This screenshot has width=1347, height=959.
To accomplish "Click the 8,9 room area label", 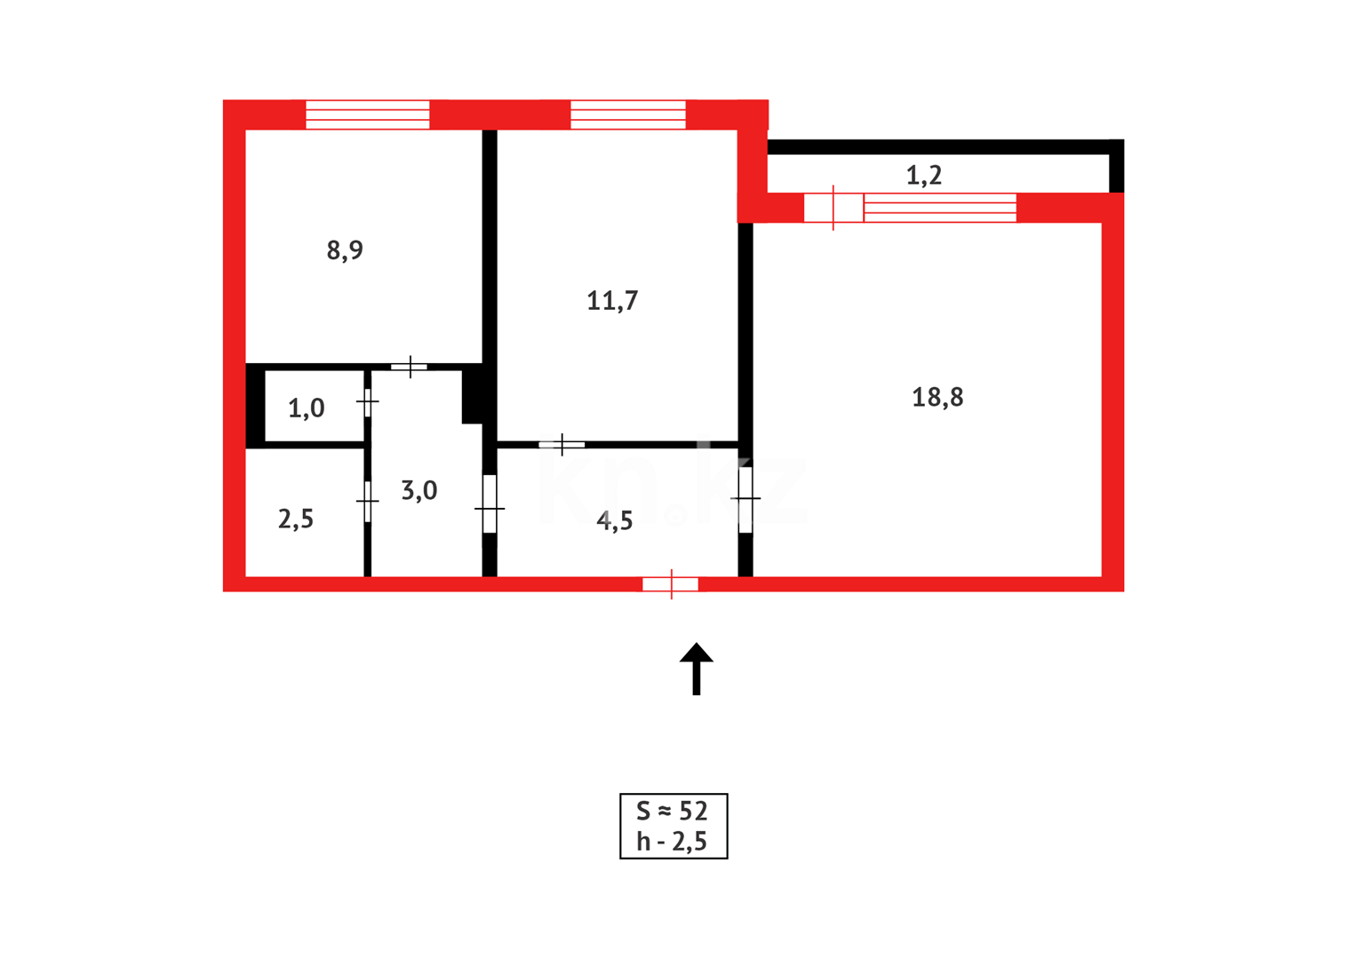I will pyautogui.click(x=345, y=250).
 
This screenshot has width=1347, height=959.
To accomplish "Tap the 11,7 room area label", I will pyautogui.click(x=612, y=301).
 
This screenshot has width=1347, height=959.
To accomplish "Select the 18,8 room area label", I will pyautogui.click(x=937, y=397).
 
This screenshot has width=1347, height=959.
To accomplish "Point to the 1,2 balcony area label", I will pyautogui.click(x=924, y=176).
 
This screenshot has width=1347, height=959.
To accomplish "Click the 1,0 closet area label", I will pyautogui.click(x=307, y=408).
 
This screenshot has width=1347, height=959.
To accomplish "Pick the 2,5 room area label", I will pyautogui.click(x=296, y=519).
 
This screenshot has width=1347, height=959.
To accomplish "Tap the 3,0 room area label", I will pyautogui.click(x=419, y=490).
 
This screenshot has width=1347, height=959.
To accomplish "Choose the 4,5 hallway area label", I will pyautogui.click(x=615, y=521).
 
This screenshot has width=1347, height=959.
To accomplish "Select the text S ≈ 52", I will pyautogui.click(x=673, y=811).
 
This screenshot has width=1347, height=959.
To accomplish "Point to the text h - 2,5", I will pyautogui.click(x=673, y=841).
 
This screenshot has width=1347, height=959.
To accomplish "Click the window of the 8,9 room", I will pyautogui.click(x=368, y=115).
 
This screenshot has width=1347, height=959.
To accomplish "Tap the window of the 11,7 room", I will pyautogui.click(x=627, y=115).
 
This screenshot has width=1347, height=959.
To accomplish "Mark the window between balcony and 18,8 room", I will pyautogui.click(x=940, y=208).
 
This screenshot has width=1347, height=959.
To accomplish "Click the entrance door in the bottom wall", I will pyautogui.click(x=671, y=584).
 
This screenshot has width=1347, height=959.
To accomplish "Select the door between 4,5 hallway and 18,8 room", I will pyautogui.click(x=745, y=501).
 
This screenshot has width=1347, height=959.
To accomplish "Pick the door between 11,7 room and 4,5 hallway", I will pyautogui.click(x=562, y=444).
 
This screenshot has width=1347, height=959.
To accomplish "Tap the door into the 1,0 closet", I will pyautogui.click(x=367, y=402).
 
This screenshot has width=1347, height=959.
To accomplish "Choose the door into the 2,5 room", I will pyautogui.click(x=367, y=503).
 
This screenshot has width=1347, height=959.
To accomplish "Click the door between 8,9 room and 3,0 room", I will pyautogui.click(x=410, y=367).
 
